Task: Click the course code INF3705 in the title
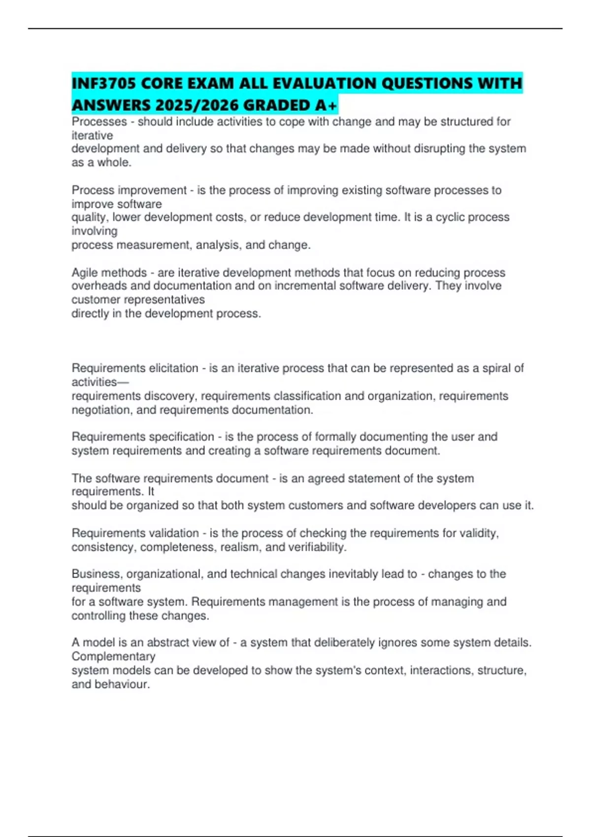(104, 84)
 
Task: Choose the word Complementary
(113, 657)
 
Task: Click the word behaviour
(122, 684)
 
